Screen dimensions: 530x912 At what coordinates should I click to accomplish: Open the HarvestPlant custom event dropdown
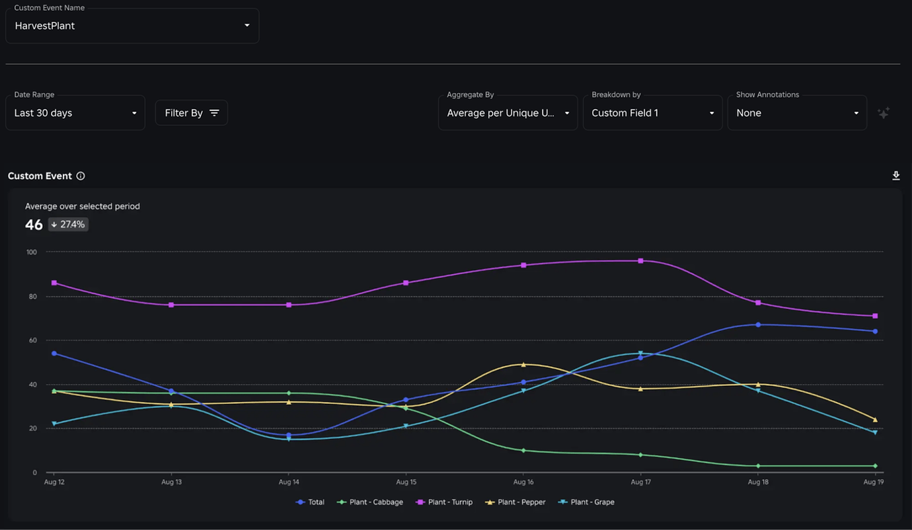click(x=132, y=26)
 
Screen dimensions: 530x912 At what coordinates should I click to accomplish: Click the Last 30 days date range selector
click(x=75, y=113)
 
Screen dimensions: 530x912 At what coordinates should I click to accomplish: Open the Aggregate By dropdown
click(x=508, y=113)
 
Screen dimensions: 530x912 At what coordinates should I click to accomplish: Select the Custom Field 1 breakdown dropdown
click(x=652, y=113)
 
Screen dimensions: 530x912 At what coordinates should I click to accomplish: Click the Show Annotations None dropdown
click(x=797, y=113)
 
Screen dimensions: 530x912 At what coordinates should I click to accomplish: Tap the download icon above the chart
click(x=896, y=176)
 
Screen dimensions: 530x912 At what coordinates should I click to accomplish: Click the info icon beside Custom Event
click(x=81, y=176)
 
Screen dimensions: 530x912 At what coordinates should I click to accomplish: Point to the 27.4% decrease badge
click(x=68, y=225)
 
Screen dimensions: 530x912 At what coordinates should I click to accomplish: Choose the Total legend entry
click(x=311, y=502)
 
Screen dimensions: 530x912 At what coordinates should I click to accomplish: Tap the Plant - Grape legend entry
click(x=587, y=502)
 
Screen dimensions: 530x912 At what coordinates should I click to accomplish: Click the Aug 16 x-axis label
click(x=523, y=482)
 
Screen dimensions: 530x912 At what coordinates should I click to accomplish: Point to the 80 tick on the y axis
click(x=31, y=296)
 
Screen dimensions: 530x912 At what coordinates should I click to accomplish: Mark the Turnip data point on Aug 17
click(x=640, y=261)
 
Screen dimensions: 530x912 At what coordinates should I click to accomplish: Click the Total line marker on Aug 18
click(x=758, y=324)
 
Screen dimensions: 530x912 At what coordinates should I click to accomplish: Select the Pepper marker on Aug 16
click(x=523, y=364)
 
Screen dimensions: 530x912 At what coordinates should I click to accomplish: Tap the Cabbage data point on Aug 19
click(x=875, y=466)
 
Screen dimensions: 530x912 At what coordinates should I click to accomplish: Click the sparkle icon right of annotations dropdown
click(x=884, y=113)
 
